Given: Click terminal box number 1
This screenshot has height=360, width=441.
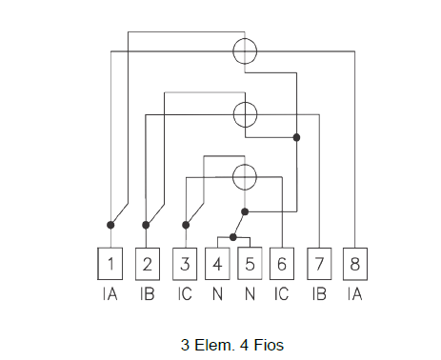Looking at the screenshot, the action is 110,264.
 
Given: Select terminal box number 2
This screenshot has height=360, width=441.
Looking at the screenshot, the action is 148,264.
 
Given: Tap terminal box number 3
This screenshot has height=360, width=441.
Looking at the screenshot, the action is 185,264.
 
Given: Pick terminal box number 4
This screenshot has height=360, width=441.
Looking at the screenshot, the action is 217,264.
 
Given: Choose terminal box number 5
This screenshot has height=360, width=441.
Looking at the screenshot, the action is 250,264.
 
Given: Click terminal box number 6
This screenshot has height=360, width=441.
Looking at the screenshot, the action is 282,264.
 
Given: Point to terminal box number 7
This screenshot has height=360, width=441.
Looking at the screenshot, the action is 319,264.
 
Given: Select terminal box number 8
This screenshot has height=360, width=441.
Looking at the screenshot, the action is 355,264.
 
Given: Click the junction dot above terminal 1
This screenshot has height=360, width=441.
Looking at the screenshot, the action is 110,225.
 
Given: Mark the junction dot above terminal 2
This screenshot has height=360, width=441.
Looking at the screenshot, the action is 146,225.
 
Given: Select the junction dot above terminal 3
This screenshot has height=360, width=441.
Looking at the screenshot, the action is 186,225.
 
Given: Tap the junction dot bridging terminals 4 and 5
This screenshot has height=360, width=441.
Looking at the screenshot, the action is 233,237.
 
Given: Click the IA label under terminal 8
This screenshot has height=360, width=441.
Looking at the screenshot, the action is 354,294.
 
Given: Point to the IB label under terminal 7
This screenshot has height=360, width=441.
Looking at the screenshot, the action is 319,294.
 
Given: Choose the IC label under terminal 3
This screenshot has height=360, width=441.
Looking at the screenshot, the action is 185,294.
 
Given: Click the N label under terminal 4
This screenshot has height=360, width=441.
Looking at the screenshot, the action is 217,294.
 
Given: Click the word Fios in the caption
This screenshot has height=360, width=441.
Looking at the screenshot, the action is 269,345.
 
